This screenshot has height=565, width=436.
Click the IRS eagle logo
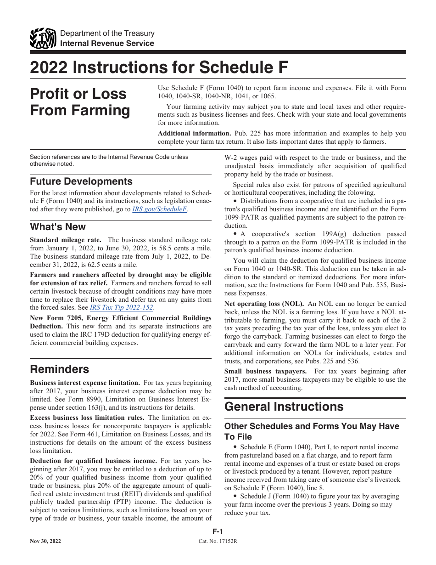click(x=43, y=38)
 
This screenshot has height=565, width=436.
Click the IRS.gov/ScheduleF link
click(x=160, y=209)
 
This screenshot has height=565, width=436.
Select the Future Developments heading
click(x=81, y=181)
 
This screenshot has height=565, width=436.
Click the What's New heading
click(x=58, y=227)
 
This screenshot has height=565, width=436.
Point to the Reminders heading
click(x=60, y=369)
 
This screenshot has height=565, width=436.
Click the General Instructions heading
click(x=284, y=407)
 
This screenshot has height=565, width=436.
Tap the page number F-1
click(x=218, y=531)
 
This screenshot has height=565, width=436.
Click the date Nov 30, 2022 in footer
click(x=45, y=541)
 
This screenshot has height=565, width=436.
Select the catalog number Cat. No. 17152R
click(x=218, y=541)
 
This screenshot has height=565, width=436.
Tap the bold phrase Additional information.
click(x=194, y=134)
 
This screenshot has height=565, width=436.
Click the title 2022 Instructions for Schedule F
click(x=159, y=68)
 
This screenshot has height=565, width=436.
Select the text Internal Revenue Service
click(x=107, y=43)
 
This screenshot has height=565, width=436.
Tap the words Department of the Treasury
click(x=107, y=34)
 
